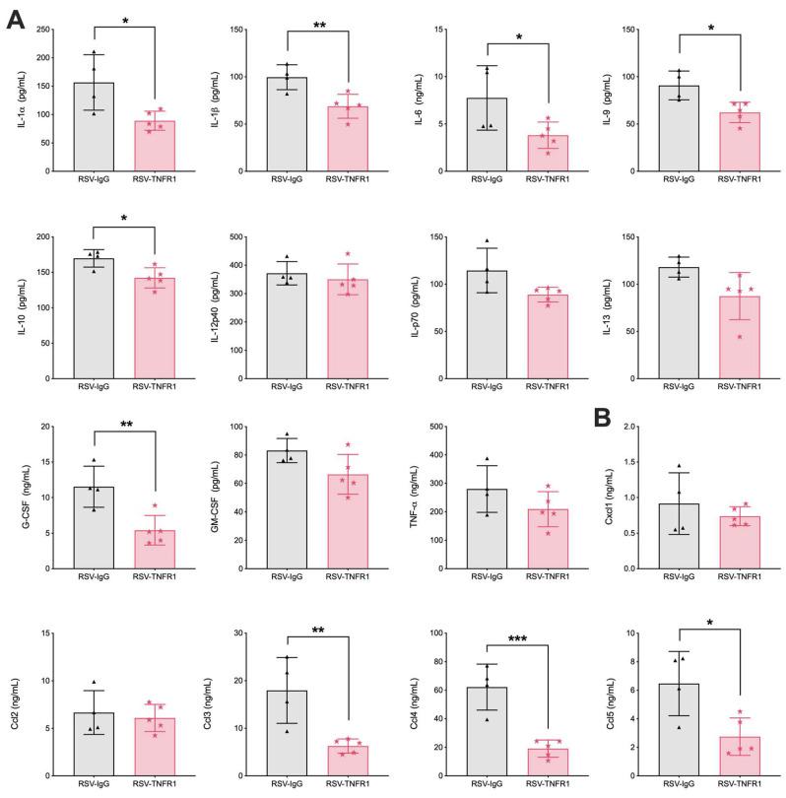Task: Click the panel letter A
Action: click(x=15, y=20)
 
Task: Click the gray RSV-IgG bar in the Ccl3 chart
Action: click(x=288, y=732)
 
